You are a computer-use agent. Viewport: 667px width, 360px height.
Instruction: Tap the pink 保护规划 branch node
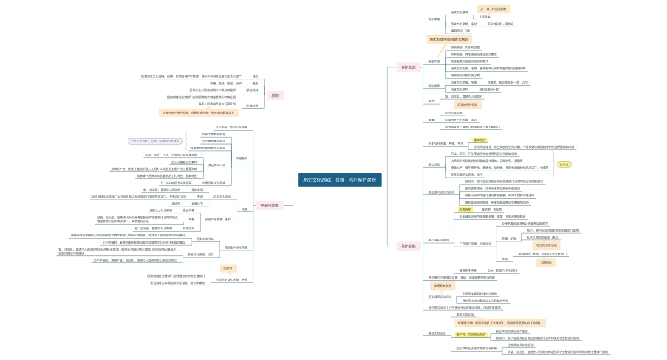point(408,67)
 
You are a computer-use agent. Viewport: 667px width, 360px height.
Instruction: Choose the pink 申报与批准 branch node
point(270,206)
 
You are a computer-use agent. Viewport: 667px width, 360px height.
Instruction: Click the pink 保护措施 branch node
point(408,246)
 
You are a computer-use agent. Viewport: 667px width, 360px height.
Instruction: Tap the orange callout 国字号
point(227,268)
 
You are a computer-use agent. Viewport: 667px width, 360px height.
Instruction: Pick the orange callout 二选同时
point(546,262)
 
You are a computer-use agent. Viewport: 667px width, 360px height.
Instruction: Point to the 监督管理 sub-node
point(251,105)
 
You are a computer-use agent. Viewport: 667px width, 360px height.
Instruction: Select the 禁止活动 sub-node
point(436,164)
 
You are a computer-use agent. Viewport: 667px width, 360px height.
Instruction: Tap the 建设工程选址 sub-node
point(437,333)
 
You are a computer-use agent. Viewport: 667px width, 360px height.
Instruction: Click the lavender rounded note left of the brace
point(154,141)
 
